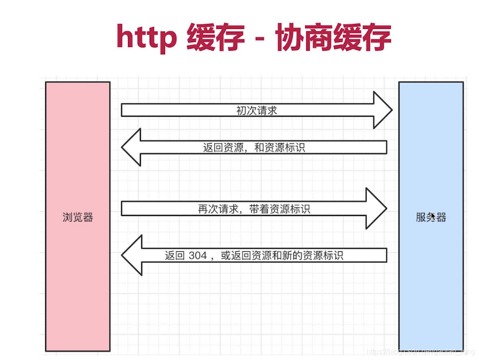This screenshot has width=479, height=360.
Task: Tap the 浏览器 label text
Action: [x=78, y=217]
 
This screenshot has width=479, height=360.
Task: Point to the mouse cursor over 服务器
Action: [x=433, y=216]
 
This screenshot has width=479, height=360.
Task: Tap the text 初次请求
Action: [x=257, y=111]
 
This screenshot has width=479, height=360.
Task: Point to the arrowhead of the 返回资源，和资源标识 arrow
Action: [x=131, y=147]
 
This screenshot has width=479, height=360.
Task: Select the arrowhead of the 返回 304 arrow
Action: [x=131, y=255]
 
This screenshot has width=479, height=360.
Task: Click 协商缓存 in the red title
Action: [x=333, y=37]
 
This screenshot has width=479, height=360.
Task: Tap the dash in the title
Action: [x=260, y=38]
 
